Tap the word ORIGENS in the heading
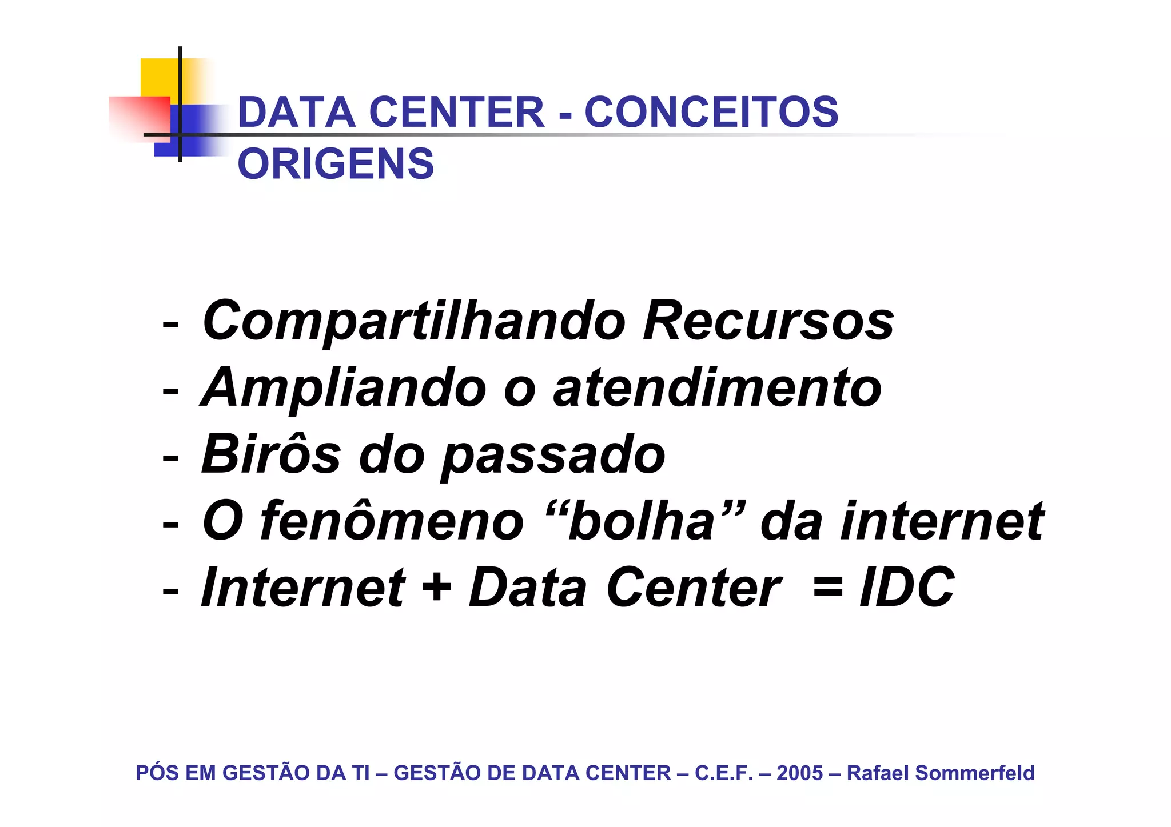coord(336,164)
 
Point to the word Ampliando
coord(344,389)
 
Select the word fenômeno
coord(392,521)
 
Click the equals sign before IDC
coord(827,587)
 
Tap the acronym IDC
coord(907,587)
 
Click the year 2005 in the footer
coord(799,773)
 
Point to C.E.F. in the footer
coord(724,773)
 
